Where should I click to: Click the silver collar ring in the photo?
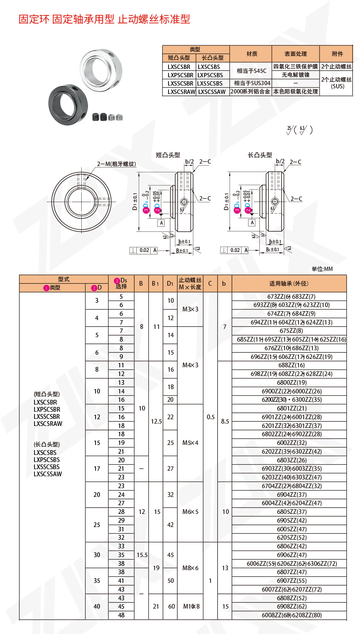(101, 69)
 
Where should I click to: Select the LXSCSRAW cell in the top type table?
(179, 92)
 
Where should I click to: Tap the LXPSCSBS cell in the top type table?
(213, 75)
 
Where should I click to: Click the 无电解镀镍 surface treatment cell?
(295, 75)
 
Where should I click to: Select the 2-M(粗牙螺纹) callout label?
(117, 164)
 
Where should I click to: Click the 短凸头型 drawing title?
(168, 155)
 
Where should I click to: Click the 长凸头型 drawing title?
(259, 155)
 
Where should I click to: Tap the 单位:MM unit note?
(322, 269)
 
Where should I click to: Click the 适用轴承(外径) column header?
(289, 284)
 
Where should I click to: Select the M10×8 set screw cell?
(191, 606)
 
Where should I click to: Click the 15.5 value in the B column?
(142, 555)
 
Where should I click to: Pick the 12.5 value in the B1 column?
(156, 421)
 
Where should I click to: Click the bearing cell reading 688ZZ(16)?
(289, 365)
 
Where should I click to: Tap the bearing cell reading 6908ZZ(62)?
(289, 606)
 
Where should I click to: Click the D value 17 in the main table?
(97, 469)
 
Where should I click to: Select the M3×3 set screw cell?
(190, 309)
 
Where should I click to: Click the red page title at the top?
(104, 19)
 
